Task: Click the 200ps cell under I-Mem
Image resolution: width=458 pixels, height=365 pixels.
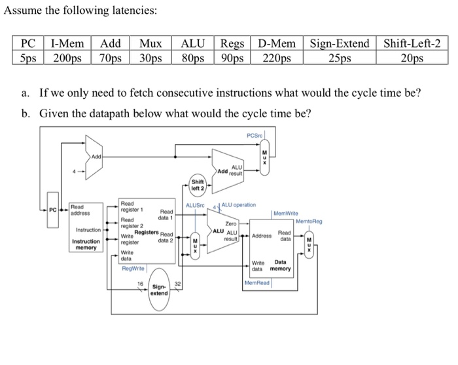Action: click(68, 58)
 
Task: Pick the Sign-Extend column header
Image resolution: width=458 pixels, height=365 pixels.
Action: click(340, 44)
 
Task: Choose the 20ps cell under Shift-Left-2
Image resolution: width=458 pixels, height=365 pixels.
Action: click(412, 58)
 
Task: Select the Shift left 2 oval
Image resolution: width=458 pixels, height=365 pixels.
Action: click(198, 184)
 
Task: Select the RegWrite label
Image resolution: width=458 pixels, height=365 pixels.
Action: click(133, 268)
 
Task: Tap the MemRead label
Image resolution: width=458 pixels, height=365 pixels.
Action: click(257, 282)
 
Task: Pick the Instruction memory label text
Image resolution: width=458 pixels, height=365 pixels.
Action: click(86, 244)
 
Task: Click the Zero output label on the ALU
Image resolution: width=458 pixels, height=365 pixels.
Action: click(230, 224)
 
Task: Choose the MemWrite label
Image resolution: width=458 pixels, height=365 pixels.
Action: click(285, 214)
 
